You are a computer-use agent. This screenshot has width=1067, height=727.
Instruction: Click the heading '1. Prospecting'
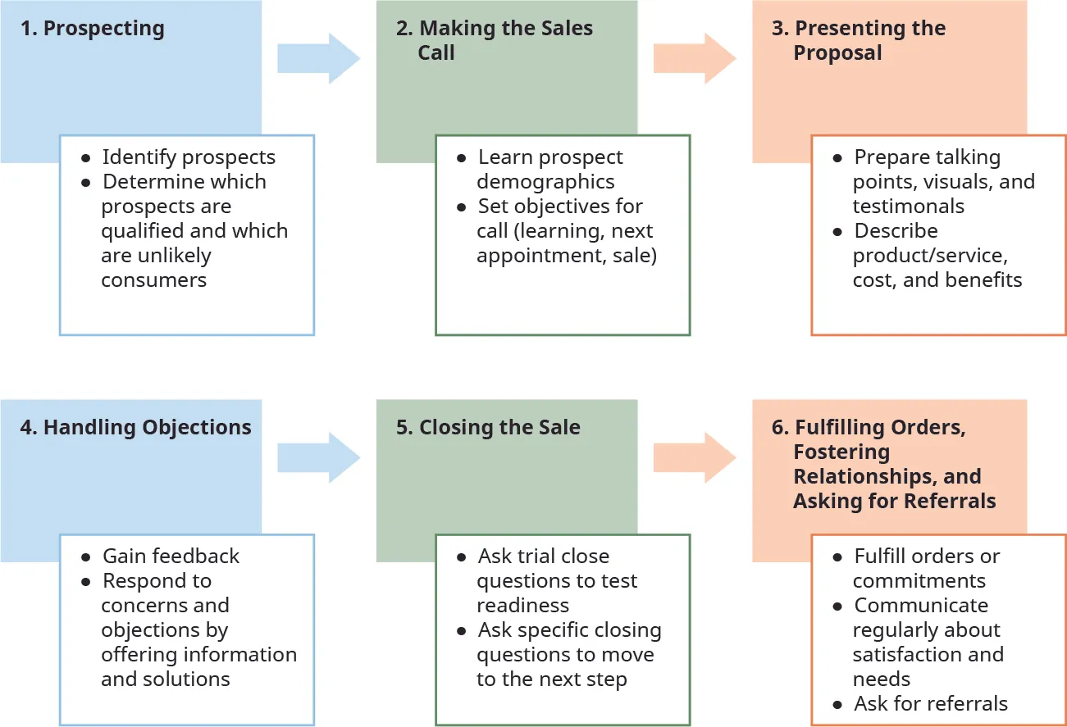click(x=92, y=29)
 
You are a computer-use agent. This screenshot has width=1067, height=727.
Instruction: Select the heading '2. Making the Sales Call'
click(x=494, y=40)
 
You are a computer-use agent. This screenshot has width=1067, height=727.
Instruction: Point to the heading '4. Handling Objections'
click(x=135, y=427)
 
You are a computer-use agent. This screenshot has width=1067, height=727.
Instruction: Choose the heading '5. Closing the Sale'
click(x=488, y=427)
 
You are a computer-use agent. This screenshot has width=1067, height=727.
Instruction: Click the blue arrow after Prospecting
click(x=318, y=58)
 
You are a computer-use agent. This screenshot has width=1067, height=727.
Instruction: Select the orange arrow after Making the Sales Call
click(x=694, y=58)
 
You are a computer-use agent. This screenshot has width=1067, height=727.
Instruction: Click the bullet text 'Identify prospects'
click(x=189, y=157)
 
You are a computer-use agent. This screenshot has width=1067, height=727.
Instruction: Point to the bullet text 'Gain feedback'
click(x=171, y=556)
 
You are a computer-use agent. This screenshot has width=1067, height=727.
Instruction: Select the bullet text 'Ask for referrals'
click(x=931, y=703)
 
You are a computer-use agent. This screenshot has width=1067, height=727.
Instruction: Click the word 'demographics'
click(x=545, y=181)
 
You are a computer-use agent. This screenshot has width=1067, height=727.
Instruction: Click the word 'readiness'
click(x=522, y=605)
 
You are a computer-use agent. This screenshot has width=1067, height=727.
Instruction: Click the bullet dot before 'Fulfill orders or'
click(x=837, y=557)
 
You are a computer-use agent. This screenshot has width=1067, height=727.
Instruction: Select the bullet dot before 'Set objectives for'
click(x=461, y=207)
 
